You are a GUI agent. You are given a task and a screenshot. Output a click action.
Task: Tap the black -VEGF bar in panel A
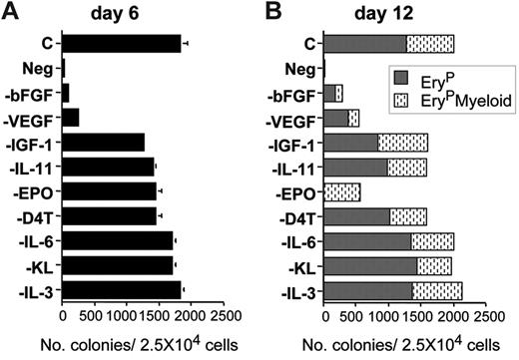coord(71,118)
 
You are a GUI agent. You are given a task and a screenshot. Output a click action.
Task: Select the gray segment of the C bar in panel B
coord(365,44)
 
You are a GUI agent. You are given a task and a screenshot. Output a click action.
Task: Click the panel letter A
coord(11,11)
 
